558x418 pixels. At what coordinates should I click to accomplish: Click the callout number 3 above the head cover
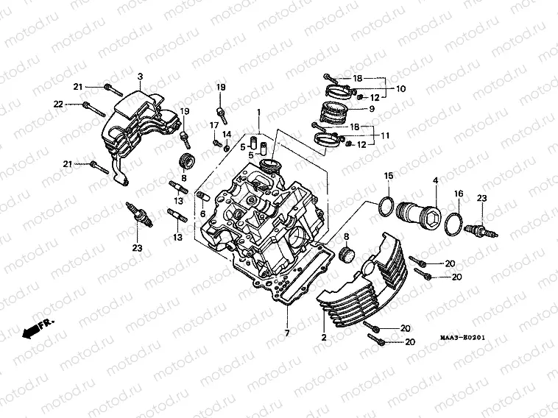pyautogui.click(x=139, y=77)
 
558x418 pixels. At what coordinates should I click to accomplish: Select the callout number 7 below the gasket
pyautogui.click(x=288, y=333)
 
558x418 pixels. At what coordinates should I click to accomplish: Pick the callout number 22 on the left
pyautogui.click(x=58, y=104)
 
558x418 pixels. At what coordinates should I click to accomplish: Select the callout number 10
pyautogui.click(x=401, y=88)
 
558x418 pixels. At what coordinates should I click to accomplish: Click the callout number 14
pyautogui.click(x=227, y=134)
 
